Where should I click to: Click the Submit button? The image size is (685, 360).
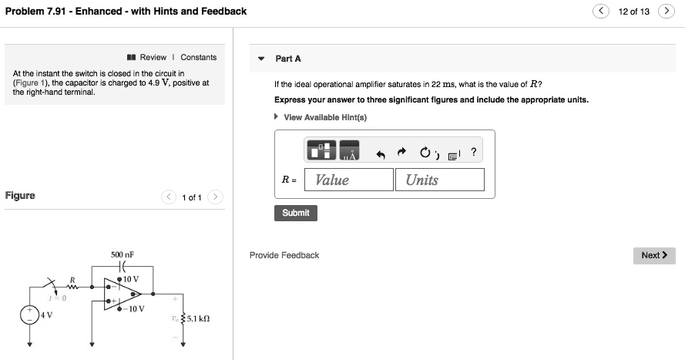point(295,213)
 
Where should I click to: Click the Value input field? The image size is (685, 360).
point(349,180)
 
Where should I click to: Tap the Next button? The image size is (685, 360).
point(654,255)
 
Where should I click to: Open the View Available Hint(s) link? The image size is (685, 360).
point(324,117)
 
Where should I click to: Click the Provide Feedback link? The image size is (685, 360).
point(284,255)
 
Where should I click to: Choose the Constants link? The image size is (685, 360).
point(199,57)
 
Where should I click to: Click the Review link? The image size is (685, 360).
point(153,57)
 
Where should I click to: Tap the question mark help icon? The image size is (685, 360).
point(473,152)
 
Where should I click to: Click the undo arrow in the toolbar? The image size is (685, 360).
point(380,153)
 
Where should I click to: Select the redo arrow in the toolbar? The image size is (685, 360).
point(402,153)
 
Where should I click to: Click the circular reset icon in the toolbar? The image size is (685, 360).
point(425,153)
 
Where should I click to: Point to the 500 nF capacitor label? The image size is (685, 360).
point(123,254)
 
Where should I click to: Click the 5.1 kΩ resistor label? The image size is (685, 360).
point(198,317)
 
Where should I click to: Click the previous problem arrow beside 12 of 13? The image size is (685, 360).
point(601,12)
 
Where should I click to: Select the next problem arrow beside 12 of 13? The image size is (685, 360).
point(667,12)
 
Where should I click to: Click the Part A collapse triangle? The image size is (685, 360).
point(261,59)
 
